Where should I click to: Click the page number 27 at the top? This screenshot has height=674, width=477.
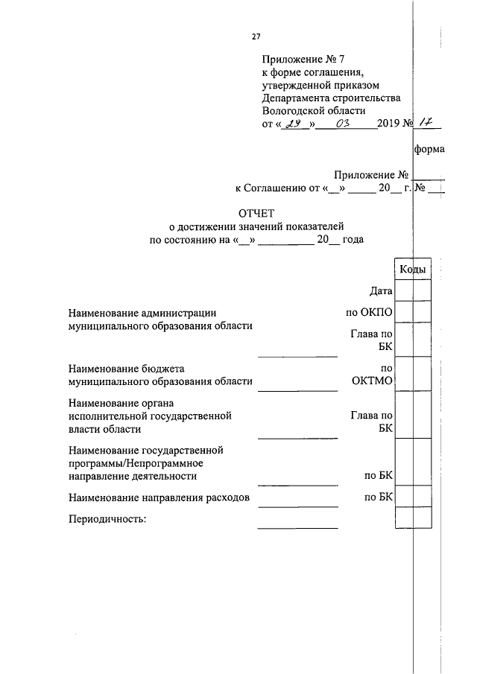pos(256,36)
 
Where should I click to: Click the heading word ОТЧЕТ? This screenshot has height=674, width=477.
pos(256,214)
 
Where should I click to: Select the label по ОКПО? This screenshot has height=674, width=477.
pos(364,314)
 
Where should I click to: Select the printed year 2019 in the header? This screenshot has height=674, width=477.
pos(388,124)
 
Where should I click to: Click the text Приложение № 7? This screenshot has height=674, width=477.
pos(300,58)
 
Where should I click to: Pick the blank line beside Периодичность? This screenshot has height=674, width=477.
pos(297,526)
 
